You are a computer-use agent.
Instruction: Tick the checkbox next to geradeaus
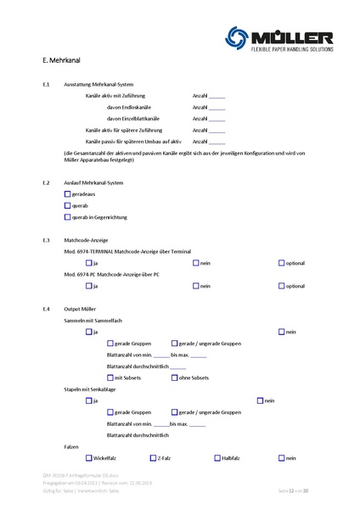click(x=68, y=194)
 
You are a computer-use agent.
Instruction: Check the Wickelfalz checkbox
click(x=89, y=458)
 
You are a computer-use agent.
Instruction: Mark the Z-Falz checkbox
click(x=154, y=458)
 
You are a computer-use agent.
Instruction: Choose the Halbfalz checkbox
click(x=217, y=458)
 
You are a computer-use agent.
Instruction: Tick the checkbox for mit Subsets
click(x=110, y=377)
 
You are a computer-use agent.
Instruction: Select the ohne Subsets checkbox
click(x=174, y=377)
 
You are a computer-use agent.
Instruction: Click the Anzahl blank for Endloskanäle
click(x=217, y=109)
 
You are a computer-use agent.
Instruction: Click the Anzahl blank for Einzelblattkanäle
click(x=217, y=120)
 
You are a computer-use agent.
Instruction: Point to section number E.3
click(x=47, y=241)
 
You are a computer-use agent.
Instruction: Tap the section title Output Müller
click(x=82, y=308)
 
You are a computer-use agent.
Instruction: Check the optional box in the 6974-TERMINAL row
click(x=282, y=263)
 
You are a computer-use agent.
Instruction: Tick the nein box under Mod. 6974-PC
click(x=196, y=286)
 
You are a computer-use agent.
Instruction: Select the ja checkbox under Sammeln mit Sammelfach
click(x=89, y=332)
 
